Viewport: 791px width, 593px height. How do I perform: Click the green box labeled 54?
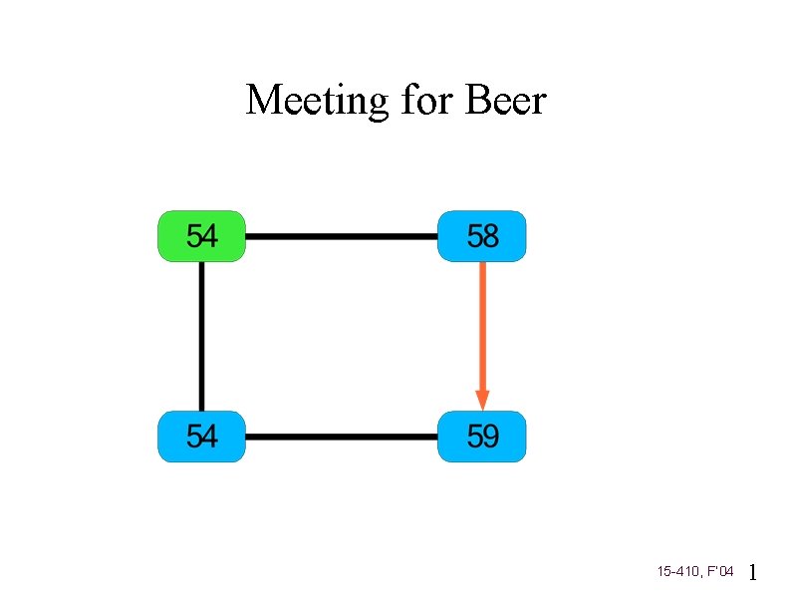[x=201, y=236]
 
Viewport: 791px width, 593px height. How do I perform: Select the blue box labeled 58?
[x=481, y=236]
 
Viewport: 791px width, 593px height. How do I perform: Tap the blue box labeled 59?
[x=481, y=437]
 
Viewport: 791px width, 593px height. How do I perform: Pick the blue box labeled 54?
[x=201, y=437]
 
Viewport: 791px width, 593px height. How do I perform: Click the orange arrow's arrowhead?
[x=482, y=399]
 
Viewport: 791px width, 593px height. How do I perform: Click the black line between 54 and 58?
[x=341, y=237]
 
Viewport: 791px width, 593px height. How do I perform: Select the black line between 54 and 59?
[x=341, y=437]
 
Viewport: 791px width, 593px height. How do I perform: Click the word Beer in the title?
[x=506, y=101]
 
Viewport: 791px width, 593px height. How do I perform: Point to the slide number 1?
[x=753, y=572]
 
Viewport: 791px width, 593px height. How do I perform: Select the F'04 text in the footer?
[x=720, y=572]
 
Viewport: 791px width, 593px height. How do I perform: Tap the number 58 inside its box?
[x=482, y=236]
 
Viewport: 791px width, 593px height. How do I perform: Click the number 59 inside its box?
[x=482, y=437]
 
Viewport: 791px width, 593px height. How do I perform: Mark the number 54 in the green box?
[x=202, y=236]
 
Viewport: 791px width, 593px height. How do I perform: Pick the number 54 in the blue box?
[x=202, y=437]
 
